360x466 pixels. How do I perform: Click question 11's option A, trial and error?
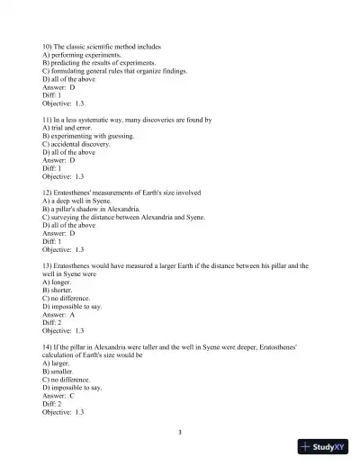click(68, 128)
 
